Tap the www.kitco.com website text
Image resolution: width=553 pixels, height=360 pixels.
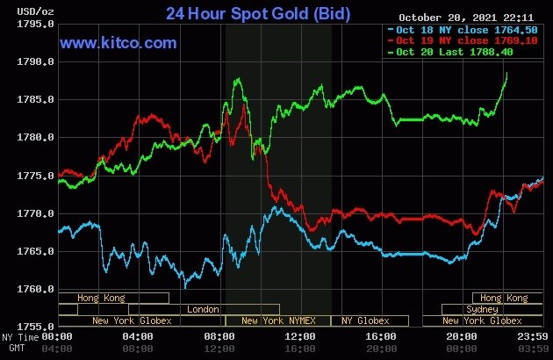118,42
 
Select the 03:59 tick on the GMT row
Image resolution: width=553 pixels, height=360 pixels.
533,349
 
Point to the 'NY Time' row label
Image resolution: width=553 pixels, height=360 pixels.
19,337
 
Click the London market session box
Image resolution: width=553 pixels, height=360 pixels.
204,309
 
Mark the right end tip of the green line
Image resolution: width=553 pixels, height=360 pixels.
507,73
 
